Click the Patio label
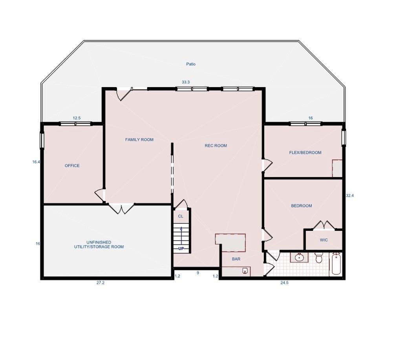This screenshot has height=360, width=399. tap(191, 64)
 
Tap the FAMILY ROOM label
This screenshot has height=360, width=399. tap(139, 140)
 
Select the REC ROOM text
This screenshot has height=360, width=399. tap(216, 146)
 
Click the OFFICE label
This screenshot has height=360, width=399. tap(72, 166)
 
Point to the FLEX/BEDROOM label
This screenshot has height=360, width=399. tap(305, 153)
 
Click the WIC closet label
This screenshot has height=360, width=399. tap(324, 240)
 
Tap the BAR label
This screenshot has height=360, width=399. tap(236, 259)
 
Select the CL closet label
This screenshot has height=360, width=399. tap(181, 216)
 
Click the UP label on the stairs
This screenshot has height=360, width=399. tap(181, 249)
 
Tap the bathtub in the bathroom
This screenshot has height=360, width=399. tap(337, 264)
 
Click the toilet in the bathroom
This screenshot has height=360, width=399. tap(318, 258)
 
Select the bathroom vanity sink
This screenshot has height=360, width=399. tap(299, 258)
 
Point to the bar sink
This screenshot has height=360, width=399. tap(245, 270)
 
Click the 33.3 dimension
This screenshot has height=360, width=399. tap(186, 82)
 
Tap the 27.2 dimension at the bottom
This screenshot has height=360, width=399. tap(101, 283)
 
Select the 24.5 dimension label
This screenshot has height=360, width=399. tap(284, 283)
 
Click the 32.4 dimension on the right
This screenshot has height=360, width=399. tap(350, 195)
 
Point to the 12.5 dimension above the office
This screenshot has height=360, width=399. tap(77, 118)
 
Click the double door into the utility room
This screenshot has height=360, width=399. tap(121, 208)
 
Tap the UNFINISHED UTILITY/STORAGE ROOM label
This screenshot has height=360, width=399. tap(99, 245)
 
